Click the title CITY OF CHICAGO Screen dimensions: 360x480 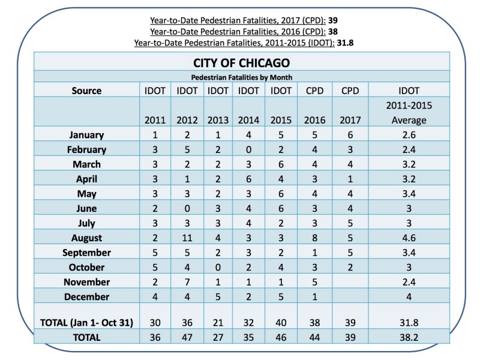242,62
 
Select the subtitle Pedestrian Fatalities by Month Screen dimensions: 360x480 242,77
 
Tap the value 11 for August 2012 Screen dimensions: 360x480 186,238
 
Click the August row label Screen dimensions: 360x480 86,238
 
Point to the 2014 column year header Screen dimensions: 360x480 249,120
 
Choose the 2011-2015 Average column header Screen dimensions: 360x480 409,112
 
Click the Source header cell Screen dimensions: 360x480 86,91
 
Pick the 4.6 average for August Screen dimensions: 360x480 409,238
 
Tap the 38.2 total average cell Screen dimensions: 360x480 409,337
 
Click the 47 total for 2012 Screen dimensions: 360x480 186,337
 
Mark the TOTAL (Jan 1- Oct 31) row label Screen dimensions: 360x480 86,322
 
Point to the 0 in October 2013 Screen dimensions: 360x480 218,267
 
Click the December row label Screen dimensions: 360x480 86,296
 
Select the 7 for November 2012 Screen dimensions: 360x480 186,282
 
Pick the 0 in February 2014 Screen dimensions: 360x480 249,149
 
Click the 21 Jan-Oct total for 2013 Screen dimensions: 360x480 218,322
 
